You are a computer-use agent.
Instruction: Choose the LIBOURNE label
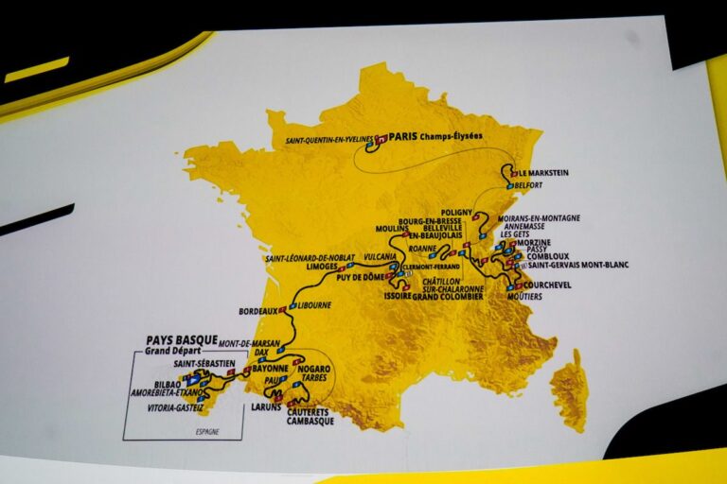(x=316, y=306)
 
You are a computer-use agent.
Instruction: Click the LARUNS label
(x=267, y=406)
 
